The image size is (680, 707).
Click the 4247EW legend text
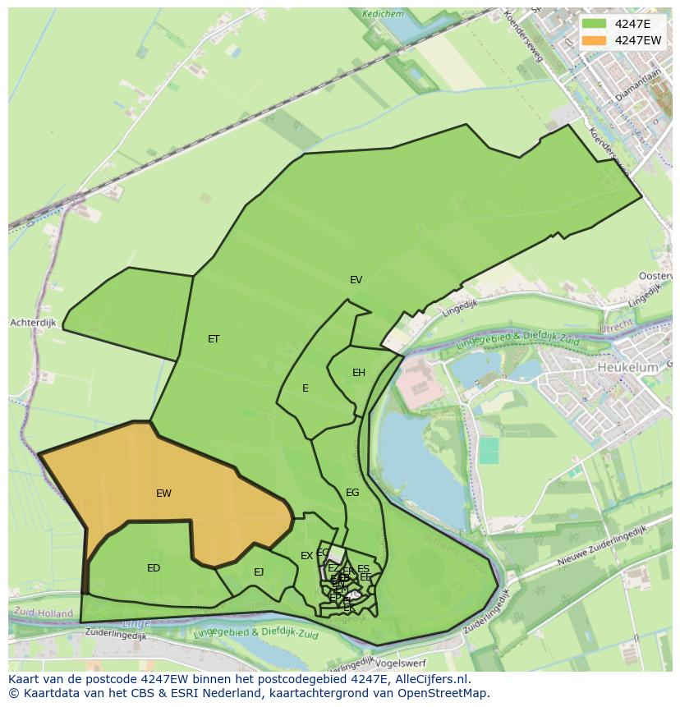[638, 39]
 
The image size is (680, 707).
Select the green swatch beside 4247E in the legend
[595, 24]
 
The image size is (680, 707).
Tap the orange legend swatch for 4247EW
[595, 39]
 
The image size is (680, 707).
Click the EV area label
[356, 280]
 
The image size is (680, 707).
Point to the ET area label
[214, 339]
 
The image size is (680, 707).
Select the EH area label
[359, 373]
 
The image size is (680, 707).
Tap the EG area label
[352, 493]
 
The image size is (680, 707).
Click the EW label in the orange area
[163, 494]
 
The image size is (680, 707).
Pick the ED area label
[154, 568]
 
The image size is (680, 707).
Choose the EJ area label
[259, 572]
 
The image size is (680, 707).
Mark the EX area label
[306, 556]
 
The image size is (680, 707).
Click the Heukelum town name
[628, 368]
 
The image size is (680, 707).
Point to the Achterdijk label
[33, 323]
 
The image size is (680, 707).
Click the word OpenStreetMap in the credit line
[444, 693]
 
